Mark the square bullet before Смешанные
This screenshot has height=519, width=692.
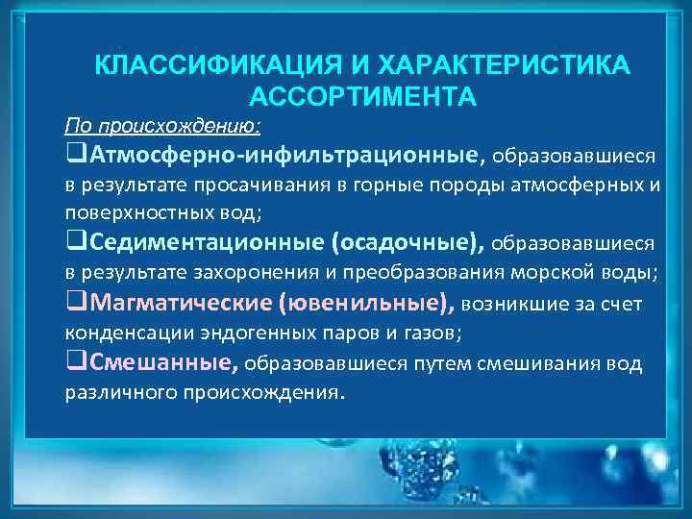(74, 363)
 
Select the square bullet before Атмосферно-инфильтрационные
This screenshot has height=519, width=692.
(74, 156)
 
